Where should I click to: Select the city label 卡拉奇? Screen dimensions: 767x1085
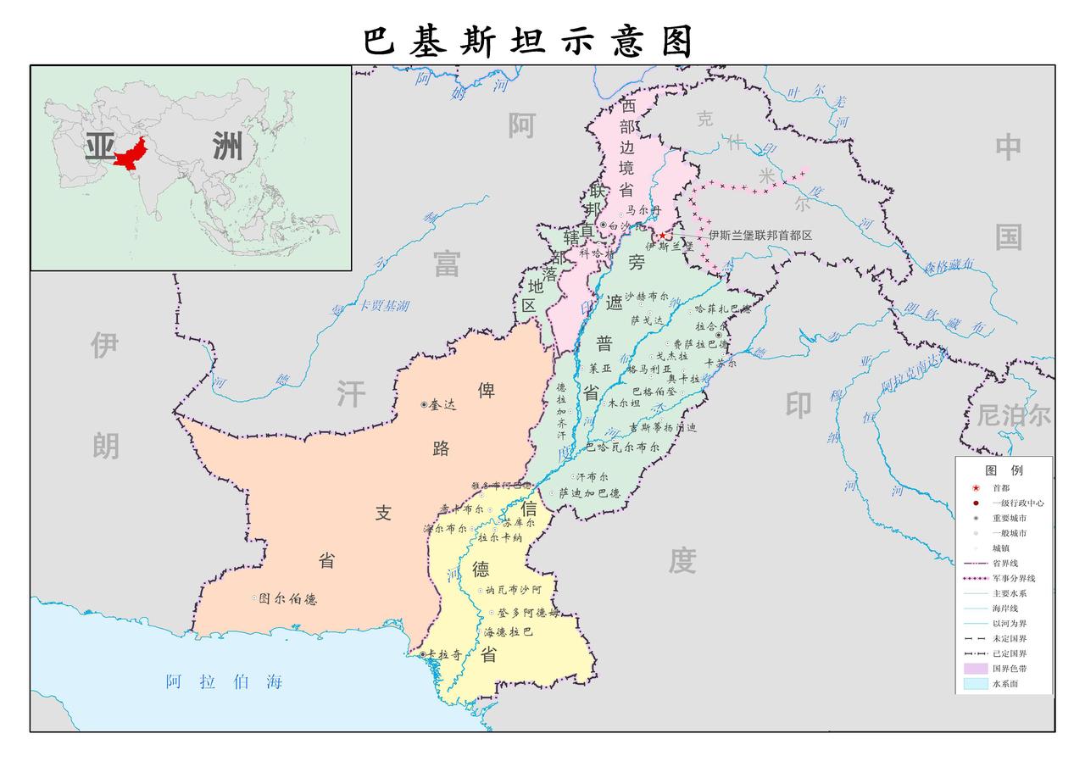444,654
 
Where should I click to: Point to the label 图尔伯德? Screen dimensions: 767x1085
288,599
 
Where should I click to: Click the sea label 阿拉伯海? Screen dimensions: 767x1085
224,682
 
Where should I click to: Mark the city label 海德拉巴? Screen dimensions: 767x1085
509,632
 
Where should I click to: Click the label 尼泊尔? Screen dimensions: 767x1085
1014,415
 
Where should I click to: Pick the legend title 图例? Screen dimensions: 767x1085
1004,470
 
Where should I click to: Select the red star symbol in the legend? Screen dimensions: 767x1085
976,488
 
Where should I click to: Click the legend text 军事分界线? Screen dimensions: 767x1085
1014,578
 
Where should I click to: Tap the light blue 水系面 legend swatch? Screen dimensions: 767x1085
976,684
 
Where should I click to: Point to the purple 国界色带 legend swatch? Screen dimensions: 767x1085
976,669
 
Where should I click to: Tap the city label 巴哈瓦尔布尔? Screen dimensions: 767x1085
622,447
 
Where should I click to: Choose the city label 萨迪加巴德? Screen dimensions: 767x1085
589,493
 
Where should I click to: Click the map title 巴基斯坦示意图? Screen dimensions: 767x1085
529,41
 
